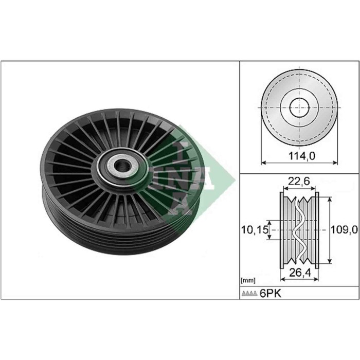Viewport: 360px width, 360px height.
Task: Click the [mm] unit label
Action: coord(247,280)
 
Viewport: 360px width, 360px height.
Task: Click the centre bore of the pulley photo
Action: coord(122,166)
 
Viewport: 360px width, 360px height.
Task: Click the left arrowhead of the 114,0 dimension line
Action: coord(263,163)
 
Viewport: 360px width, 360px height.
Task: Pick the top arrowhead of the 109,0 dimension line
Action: coord(329,198)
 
